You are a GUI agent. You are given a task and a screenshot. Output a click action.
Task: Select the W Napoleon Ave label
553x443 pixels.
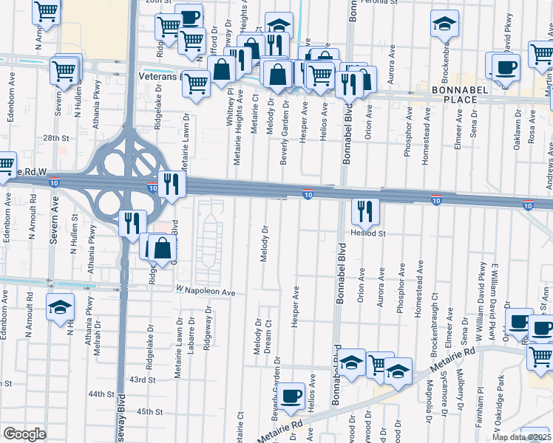[x=205, y=292]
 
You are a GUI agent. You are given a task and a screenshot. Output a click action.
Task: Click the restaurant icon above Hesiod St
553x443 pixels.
[x=365, y=211]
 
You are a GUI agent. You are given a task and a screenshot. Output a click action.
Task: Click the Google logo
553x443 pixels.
[x=24, y=434]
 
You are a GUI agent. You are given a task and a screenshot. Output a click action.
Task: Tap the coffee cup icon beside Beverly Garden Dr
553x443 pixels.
[x=291, y=396]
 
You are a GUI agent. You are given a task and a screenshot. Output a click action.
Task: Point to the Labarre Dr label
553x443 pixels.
[x=191, y=337]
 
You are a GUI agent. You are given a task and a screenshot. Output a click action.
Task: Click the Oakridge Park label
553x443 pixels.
[x=500, y=396]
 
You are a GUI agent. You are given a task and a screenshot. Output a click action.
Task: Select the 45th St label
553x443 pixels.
[x=149, y=411]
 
